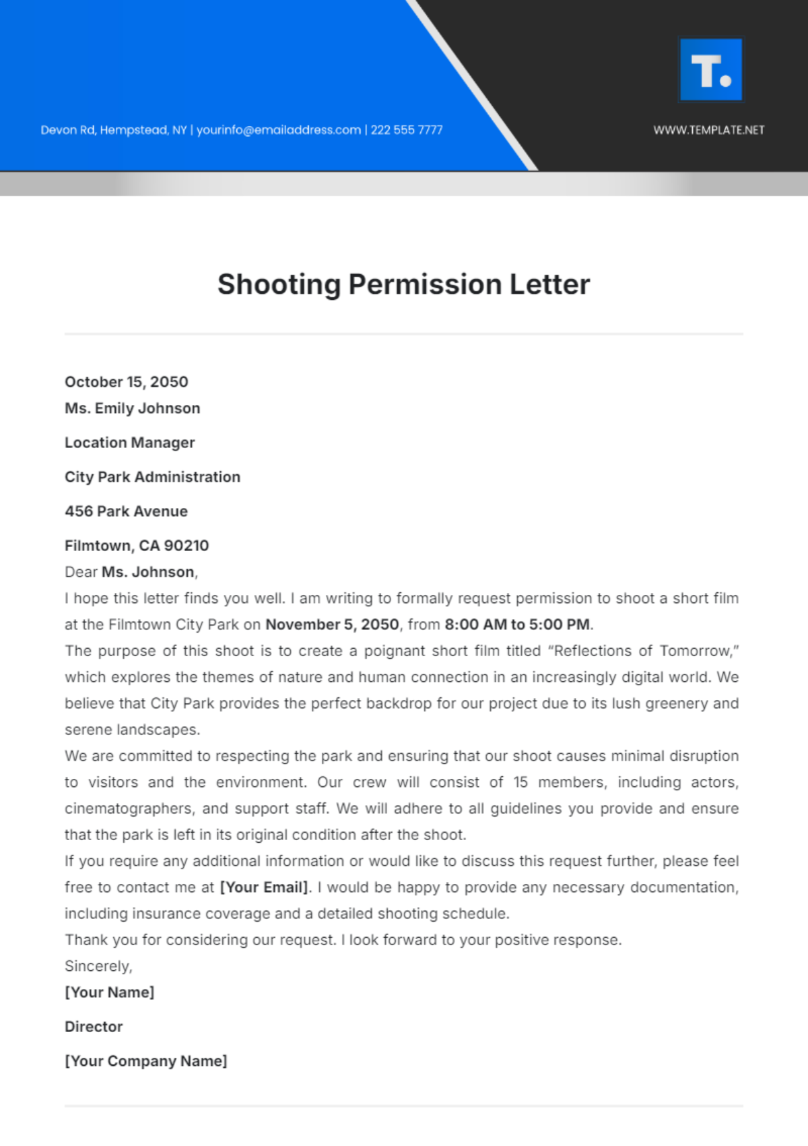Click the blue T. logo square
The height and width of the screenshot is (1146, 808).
(x=711, y=70)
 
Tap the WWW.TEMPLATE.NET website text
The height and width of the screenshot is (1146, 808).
(x=709, y=130)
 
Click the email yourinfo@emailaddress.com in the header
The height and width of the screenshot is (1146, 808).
(x=279, y=130)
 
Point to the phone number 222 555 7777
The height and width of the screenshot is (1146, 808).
(x=407, y=130)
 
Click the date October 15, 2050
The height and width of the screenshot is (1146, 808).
(x=127, y=382)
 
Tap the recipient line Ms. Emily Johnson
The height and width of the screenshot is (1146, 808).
(x=133, y=408)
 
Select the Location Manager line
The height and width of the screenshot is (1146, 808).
(x=130, y=443)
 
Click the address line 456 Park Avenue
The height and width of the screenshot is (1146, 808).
(x=127, y=511)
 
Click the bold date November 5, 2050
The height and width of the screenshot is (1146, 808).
(x=333, y=625)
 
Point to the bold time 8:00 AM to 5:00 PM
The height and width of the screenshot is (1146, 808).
(x=517, y=625)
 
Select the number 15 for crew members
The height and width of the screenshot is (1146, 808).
(x=520, y=782)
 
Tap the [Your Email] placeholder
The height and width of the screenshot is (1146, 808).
(x=265, y=887)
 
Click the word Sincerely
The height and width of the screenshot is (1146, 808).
(x=98, y=966)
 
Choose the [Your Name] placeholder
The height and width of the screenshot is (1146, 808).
(x=110, y=992)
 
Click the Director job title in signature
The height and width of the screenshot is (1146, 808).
(x=94, y=1027)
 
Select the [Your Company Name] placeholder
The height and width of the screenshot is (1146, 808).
(x=146, y=1061)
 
